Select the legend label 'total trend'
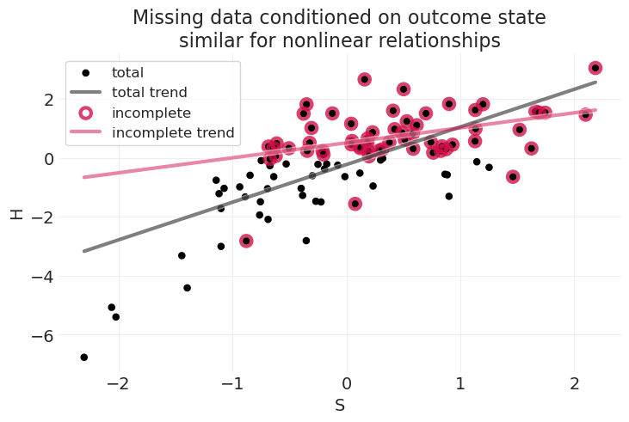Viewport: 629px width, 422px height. point(150,92)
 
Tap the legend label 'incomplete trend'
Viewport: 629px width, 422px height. point(173,132)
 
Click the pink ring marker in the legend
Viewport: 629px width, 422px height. point(85,113)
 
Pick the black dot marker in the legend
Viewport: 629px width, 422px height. point(85,73)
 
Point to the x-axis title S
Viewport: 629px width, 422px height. point(340,406)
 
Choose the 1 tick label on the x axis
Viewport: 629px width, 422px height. point(460,382)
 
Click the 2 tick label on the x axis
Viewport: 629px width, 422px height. point(575,382)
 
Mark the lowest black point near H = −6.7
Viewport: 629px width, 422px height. point(84,357)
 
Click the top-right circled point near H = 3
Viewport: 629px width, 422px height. point(595,68)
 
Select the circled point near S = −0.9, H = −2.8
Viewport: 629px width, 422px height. point(246,241)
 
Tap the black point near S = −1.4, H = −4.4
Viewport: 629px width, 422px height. point(187,288)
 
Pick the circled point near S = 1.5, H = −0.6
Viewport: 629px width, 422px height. point(513,177)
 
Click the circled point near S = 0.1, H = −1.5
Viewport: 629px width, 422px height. point(355,204)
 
